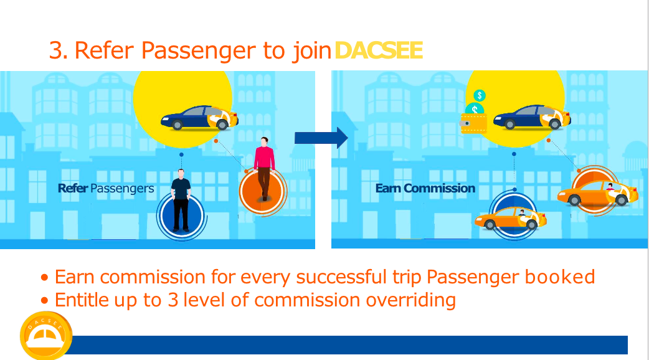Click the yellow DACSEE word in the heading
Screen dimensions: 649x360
(x=378, y=50)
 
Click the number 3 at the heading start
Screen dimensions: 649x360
(x=56, y=50)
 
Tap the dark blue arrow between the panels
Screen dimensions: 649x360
(x=321, y=138)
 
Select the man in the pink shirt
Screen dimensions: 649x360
(x=264, y=168)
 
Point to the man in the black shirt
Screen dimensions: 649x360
(x=181, y=200)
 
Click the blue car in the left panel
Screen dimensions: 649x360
(x=199, y=118)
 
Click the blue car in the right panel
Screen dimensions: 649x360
(x=532, y=116)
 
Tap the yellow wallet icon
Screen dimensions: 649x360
(x=473, y=123)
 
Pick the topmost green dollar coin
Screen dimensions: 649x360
(x=480, y=95)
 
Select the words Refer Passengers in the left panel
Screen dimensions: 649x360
(x=106, y=188)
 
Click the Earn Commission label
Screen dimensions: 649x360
(x=425, y=188)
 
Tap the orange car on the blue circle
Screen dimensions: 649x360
(x=510, y=218)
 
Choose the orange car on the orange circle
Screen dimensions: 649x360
(x=598, y=194)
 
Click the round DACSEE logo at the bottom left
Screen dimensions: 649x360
(x=46, y=336)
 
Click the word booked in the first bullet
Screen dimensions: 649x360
(x=559, y=277)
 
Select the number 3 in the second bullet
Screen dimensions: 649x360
(x=173, y=300)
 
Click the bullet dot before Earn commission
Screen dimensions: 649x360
(x=45, y=277)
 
